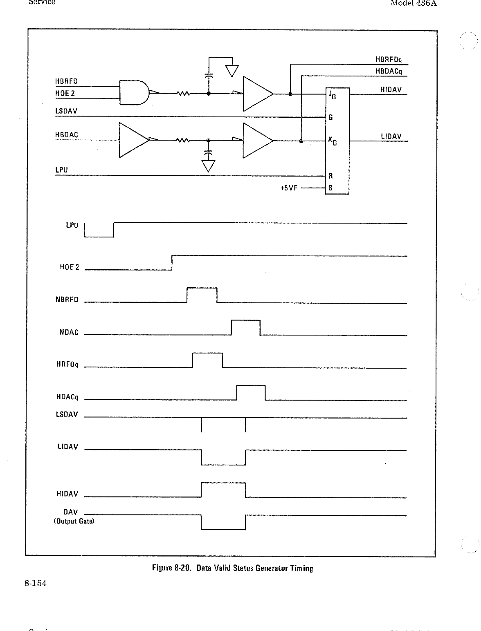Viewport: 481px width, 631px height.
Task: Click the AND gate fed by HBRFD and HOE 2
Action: (x=134, y=92)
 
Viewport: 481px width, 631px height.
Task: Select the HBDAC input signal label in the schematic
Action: (x=66, y=135)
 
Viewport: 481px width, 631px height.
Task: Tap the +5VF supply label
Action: (x=289, y=188)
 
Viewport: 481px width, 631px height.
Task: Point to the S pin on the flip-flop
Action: (x=330, y=188)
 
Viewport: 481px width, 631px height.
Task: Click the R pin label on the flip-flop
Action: (x=330, y=176)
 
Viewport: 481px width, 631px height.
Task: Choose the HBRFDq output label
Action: (x=389, y=60)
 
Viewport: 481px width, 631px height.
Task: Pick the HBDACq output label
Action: (x=389, y=71)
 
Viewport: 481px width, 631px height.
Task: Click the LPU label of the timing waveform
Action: (x=72, y=225)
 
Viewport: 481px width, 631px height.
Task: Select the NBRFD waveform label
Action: (x=67, y=300)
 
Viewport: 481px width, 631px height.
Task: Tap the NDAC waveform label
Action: (x=69, y=332)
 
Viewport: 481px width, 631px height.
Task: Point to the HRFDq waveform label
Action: (x=67, y=365)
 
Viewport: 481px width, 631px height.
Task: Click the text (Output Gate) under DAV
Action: (x=74, y=521)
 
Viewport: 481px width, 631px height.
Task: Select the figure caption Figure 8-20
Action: (x=232, y=568)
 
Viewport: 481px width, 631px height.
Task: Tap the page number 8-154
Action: (x=35, y=583)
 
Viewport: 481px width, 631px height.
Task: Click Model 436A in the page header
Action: (x=414, y=3)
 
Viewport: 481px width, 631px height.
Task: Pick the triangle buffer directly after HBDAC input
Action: (x=133, y=140)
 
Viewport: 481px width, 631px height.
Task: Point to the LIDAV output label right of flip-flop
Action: (x=391, y=136)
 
